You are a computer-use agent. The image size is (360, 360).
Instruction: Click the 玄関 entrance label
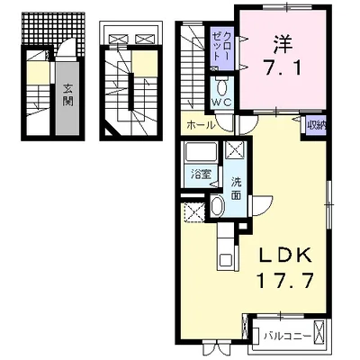pyautogui.click(x=68, y=94)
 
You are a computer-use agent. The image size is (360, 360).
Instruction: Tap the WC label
pyautogui.click(x=222, y=103)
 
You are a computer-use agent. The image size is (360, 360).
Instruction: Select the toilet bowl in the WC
pyautogui.click(x=222, y=88)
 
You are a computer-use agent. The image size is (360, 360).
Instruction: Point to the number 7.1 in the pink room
pyautogui.click(x=283, y=67)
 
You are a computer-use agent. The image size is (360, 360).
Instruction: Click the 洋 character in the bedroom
pyautogui.click(x=283, y=44)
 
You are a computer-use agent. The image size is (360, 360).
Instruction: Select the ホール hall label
pyautogui.click(x=201, y=125)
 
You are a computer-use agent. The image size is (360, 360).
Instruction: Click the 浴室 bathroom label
pyautogui.click(x=202, y=175)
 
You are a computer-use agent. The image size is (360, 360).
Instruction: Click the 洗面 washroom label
pyautogui.click(x=236, y=188)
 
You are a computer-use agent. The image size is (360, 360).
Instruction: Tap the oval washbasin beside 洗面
pyautogui.click(x=217, y=206)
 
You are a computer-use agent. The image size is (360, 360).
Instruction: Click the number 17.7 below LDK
pyautogui.click(x=284, y=281)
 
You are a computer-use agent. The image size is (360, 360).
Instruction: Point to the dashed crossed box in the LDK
pyautogui.click(x=194, y=212)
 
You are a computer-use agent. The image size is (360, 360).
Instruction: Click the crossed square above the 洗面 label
pyautogui.click(x=235, y=149)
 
